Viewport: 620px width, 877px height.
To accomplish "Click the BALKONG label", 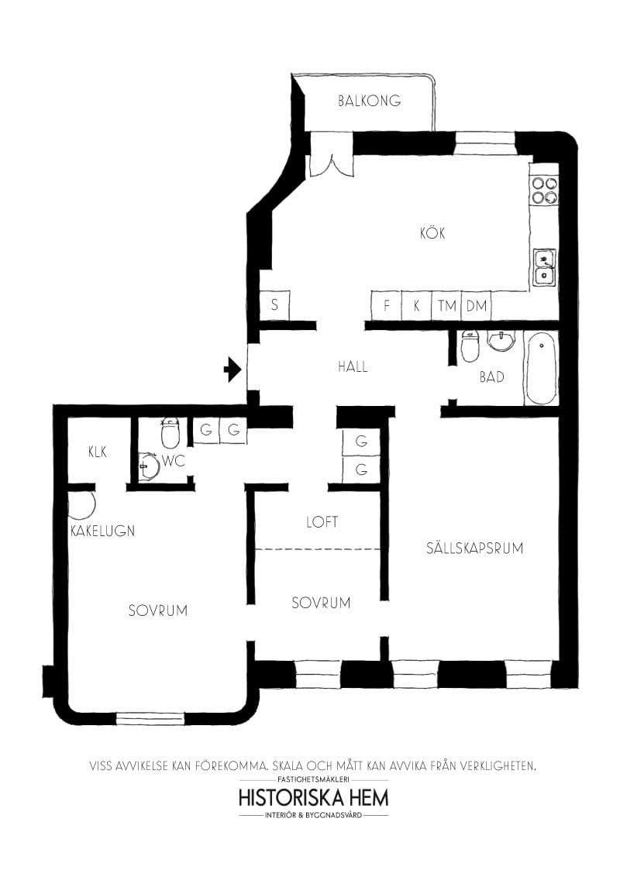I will (369, 101).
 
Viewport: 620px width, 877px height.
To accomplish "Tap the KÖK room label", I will (432, 233).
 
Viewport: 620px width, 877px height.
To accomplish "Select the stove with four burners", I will (544, 190).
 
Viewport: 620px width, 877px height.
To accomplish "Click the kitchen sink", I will (544, 267).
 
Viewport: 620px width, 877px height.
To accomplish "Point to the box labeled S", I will (274, 305).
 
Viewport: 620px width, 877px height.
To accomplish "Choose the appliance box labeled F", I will (387, 305).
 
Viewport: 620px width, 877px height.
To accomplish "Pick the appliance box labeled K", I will (416, 305).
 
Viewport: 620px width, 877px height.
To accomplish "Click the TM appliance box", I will (446, 305).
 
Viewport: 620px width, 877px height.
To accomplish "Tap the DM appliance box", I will (477, 305).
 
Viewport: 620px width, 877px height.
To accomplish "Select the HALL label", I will (353, 366).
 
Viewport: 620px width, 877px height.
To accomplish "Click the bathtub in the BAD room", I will (540, 367).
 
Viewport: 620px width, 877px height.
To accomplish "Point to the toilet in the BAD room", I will (470, 346).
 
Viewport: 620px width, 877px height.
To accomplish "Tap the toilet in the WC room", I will (170, 434).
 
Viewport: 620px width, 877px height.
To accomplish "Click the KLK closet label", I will (98, 452).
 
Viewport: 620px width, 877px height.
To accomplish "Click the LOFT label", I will (322, 522).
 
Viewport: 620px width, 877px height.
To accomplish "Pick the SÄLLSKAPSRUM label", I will (474, 549).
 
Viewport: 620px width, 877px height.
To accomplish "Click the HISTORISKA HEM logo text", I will (314, 797).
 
